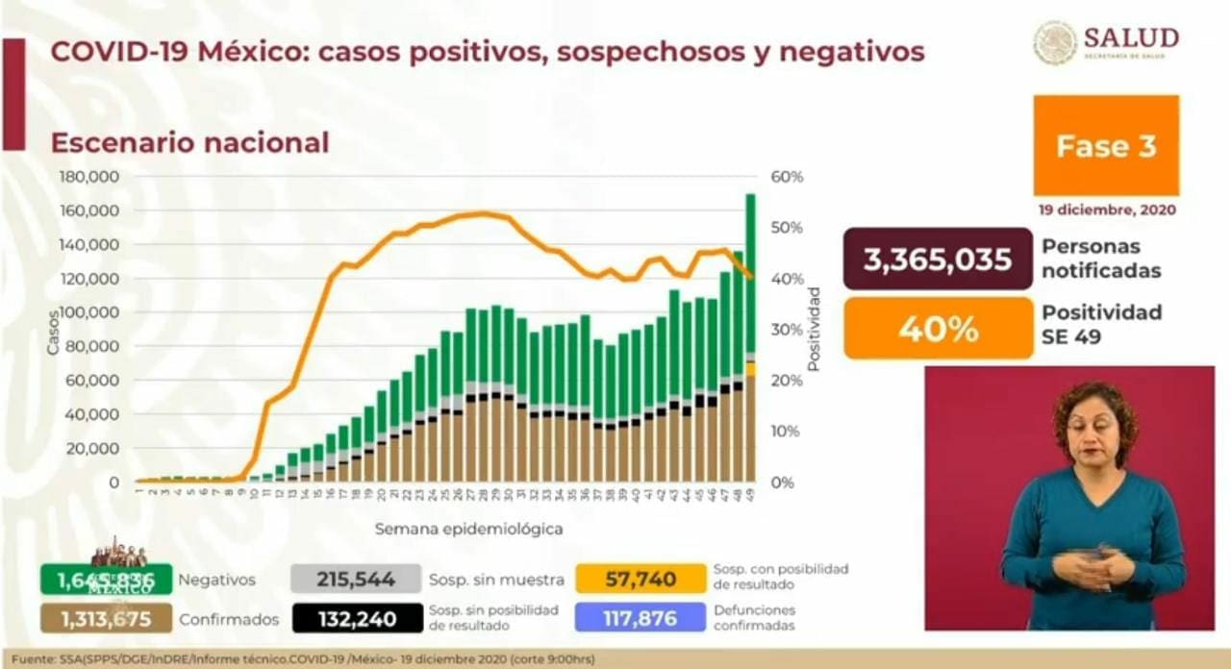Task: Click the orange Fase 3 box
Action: click(1106, 145)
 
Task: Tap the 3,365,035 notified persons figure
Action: click(938, 260)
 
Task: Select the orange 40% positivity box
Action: click(938, 329)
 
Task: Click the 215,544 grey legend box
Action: click(356, 580)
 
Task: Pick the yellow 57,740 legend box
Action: click(641, 580)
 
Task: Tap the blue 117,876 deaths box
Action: click(641, 618)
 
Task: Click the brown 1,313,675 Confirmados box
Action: click(106, 618)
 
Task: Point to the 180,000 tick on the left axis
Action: click(88, 177)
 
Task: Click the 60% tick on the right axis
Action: click(787, 177)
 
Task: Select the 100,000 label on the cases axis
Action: click(89, 312)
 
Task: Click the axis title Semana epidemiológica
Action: click(468, 529)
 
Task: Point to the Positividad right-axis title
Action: click(814, 329)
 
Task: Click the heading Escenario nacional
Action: click(189, 142)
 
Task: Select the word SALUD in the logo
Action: click(1131, 37)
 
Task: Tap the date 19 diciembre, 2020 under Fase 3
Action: click(1106, 210)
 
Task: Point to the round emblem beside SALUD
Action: click(1055, 42)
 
